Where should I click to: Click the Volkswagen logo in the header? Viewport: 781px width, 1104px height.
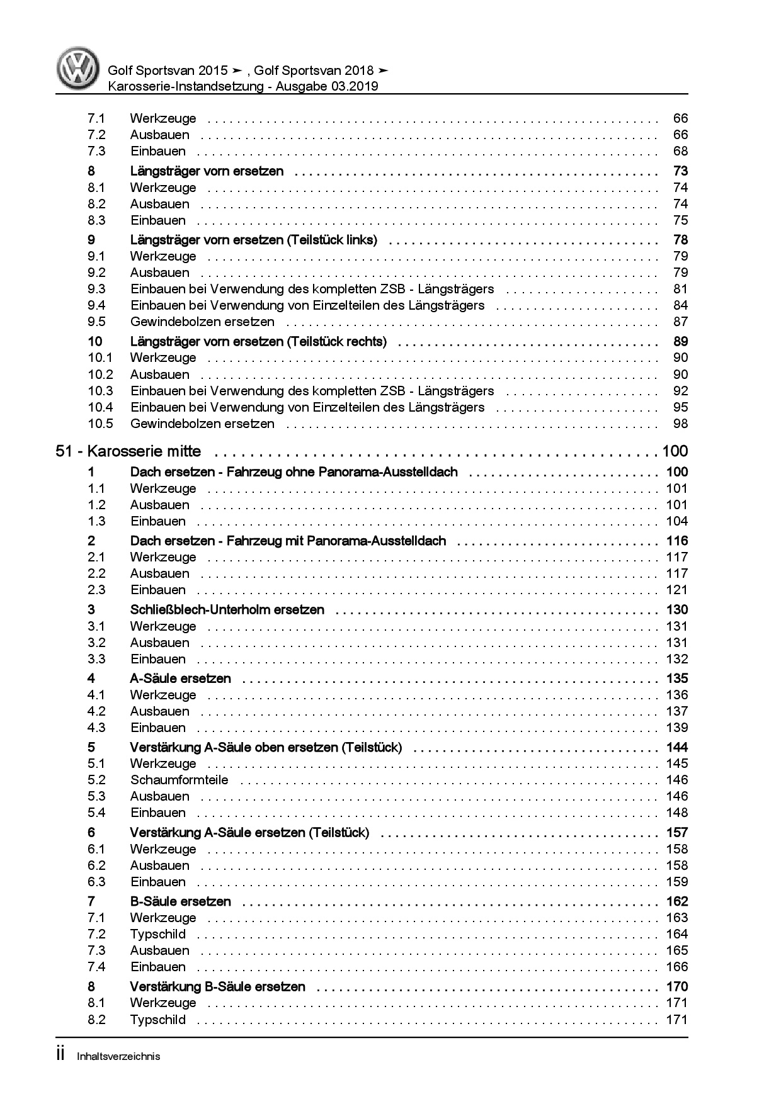click(77, 69)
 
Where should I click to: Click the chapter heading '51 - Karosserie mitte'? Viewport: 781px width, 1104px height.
click(128, 451)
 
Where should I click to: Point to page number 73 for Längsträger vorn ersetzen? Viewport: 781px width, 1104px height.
click(680, 171)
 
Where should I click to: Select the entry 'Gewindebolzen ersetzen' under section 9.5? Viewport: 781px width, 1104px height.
click(202, 322)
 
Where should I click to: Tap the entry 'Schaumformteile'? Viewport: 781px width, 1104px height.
click(179, 780)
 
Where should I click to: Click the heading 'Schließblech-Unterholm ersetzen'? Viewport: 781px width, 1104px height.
click(227, 609)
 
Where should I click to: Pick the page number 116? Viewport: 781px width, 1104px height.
click(677, 541)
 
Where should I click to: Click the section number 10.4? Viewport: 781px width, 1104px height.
click(100, 407)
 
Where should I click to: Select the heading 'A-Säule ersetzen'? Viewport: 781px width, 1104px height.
click(180, 679)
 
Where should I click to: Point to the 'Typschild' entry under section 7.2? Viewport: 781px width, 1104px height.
click(157, 934)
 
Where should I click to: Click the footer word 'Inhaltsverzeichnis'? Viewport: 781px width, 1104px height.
click(118, 1056)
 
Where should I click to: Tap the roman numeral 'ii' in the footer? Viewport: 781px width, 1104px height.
click(61, 1055)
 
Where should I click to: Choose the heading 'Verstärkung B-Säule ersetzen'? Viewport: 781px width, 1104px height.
click(217, 986)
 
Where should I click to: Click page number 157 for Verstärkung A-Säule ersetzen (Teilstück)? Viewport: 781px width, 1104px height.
click(677, 833)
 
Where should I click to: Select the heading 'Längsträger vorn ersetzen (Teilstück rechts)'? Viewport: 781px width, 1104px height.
click(258, 342)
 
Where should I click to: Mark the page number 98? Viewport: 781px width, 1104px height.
click(680, 424)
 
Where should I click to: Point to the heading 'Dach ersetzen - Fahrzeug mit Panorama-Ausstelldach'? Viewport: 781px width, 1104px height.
click(288, 541)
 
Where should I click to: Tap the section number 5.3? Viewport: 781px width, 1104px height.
click(96, 796)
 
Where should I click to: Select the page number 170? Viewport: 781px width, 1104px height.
click(677, 986)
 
